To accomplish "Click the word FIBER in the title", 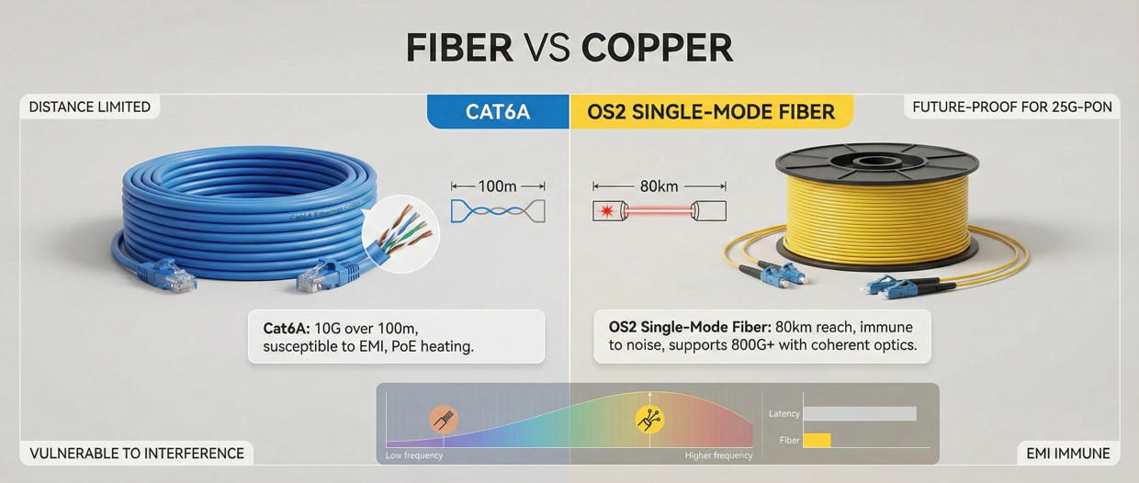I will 459,48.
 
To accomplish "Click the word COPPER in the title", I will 657,48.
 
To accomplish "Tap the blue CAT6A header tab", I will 498,112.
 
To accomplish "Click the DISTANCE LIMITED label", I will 89,107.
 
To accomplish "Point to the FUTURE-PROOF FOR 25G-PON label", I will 1012,107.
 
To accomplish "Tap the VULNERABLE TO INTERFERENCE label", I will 137,453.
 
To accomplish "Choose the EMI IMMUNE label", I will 1067,453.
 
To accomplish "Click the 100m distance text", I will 498,186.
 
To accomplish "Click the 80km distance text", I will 659,186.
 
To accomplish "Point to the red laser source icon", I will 607,212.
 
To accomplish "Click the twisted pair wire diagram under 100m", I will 498,211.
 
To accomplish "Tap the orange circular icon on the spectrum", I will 444,420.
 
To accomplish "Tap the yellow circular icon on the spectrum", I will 649,420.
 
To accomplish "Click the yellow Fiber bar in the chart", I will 817,441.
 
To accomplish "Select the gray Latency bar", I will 859,414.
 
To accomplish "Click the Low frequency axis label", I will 414,455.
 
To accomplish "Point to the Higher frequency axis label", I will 718,455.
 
